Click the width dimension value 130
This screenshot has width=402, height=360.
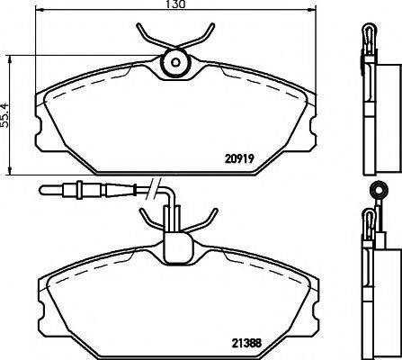[175, 6]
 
